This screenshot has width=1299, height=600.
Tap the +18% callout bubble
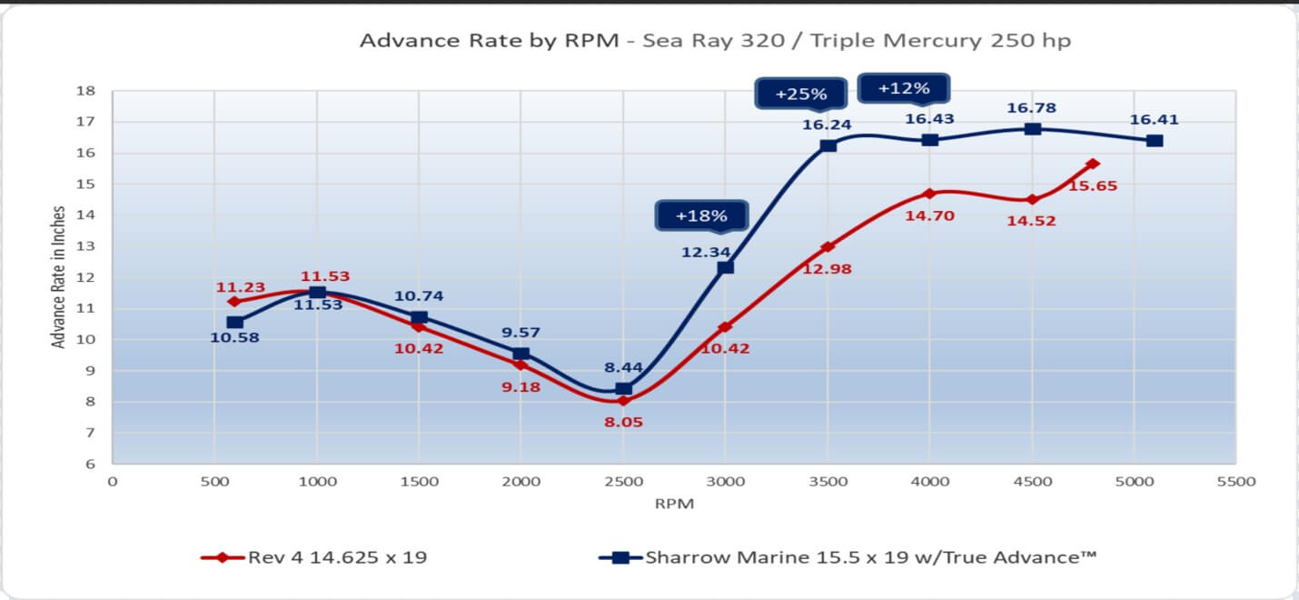point(701,216)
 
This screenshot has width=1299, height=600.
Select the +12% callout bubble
point(904,88)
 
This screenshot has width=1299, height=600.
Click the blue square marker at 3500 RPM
point(828,145)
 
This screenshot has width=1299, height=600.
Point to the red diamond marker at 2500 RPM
point(623,401)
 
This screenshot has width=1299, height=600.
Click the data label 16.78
point(1032,108)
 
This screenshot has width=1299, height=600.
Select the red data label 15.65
point(1093,185)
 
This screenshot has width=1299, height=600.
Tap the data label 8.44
point(623,367)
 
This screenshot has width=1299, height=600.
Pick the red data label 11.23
point(240,287)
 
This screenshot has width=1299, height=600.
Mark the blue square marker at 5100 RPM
point(1155,141)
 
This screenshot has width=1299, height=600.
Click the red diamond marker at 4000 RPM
point(929,194)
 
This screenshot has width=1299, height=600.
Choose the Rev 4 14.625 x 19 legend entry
point(313,557)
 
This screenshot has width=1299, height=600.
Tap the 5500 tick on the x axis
point(1235,481)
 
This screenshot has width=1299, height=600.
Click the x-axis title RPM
point(673,504)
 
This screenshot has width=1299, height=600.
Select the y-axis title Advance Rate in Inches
point(59,277)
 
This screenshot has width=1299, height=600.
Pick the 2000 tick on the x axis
point(521,481)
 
